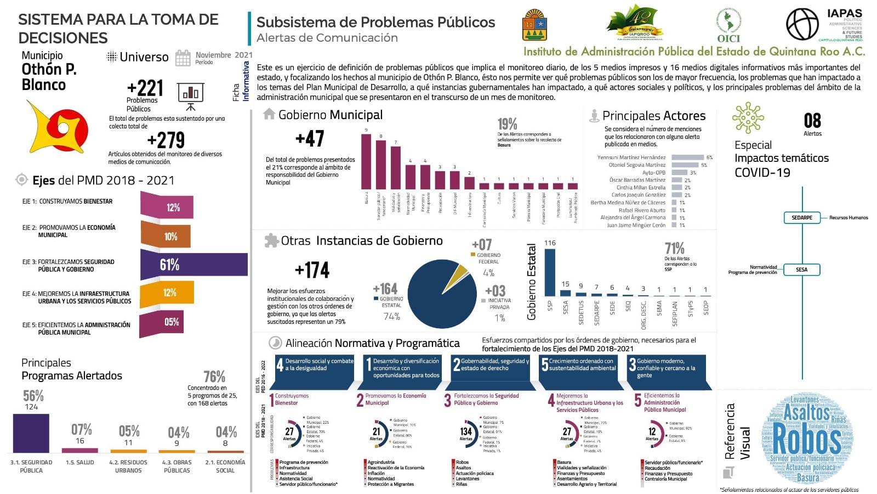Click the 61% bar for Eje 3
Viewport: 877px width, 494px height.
[195, 265]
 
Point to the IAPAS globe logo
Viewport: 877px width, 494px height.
[802, 25]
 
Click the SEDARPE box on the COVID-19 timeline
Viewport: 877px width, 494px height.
[802, 218]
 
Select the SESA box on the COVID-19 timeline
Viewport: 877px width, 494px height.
[802, 270]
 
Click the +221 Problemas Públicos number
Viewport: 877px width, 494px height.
[145, 88]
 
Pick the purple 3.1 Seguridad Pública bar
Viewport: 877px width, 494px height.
[31, 433]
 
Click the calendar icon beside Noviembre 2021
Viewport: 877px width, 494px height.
[183, 58]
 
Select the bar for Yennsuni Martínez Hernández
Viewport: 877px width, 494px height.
[687, 158]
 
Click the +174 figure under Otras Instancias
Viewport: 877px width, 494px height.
[312, 270]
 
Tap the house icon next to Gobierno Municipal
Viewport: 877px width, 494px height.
[269, 114]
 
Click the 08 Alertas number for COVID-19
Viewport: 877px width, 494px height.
[812, 121]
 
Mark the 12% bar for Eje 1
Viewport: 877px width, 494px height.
[168, 207]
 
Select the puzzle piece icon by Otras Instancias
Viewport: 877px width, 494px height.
[271, 240]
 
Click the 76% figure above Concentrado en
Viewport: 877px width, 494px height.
[214, 377]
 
